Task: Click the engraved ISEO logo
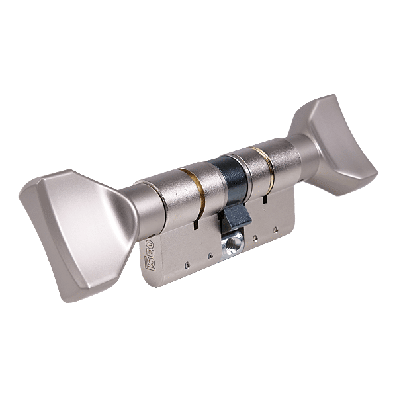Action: click(149, 255)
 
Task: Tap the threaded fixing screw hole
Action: click(232, 244)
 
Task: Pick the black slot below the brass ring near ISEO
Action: click(195, 224)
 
